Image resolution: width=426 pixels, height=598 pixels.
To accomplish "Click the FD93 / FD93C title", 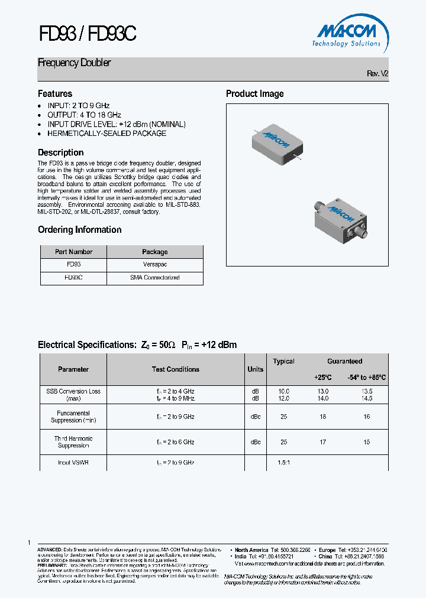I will click(87, 34).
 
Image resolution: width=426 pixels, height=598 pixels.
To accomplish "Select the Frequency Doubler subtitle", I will click(74, 63).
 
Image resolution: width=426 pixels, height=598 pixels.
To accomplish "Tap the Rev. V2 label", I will click(377, 74).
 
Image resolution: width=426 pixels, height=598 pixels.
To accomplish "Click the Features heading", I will click(55, 94).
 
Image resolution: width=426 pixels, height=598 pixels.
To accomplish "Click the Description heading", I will click(60, 152).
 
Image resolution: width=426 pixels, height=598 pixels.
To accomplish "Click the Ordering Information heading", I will click(79, 230).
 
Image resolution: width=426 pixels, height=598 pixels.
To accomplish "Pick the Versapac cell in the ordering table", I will click(154, 265).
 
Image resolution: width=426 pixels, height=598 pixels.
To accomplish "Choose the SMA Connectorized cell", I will click(154, 278).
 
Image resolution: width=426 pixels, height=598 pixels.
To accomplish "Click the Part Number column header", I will click(73, 252).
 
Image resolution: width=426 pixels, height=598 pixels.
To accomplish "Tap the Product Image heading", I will click(254, 94).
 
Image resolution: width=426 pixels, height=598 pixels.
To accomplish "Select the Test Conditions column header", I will click(175, 369).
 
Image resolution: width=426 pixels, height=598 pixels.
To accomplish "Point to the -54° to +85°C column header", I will click(366, 378).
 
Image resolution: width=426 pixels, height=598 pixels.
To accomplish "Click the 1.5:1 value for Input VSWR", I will click(283, 463).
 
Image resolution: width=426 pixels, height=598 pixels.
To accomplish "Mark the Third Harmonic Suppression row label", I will click(73, 442).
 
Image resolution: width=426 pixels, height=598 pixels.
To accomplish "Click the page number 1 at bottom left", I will click(29, 542).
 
